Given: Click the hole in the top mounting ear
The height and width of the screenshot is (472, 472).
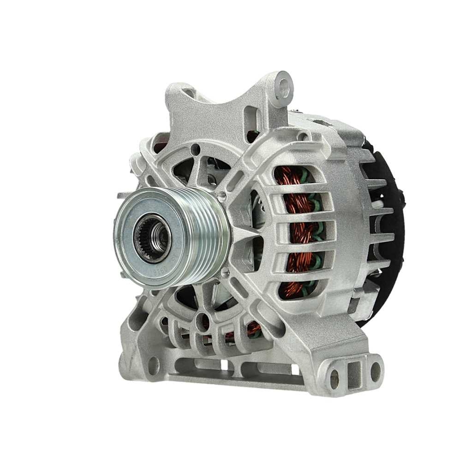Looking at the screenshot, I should pos(283,85).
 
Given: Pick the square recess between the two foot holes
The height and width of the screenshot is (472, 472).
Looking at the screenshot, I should pos(355,373).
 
